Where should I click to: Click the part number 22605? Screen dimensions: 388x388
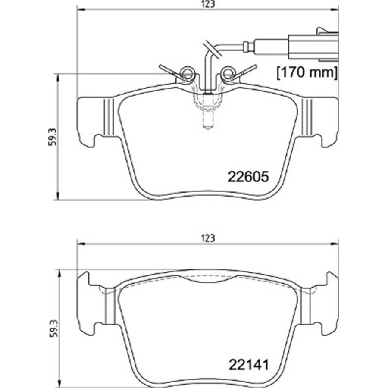pyautogui.click(x=248, y=177)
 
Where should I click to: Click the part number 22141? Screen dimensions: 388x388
pyautogui.click(x=249, y=365)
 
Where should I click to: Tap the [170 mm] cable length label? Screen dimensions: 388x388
pyautogui.click(x=307, y=73)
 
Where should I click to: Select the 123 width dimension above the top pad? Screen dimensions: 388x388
pyautogui.click(x=208, y=4)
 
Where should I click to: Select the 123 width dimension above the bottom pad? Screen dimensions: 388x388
pyautogui.click(x=208, y=238)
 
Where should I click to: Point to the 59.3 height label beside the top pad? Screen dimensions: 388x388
pyautogui.click(x=53, y=138)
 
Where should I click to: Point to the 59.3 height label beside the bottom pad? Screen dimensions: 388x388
pyautogui.click(x=53, y=329)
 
